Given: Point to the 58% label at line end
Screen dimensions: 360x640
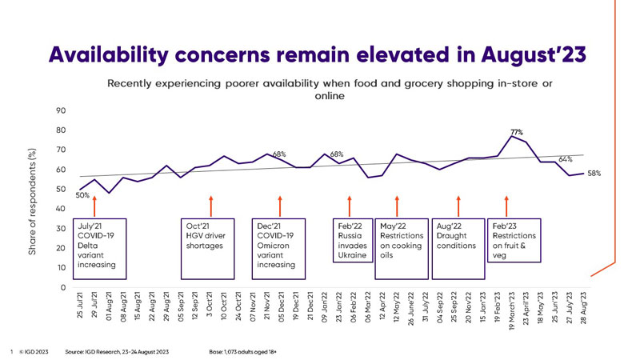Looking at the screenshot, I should pyautogui.click(x=594, y=174).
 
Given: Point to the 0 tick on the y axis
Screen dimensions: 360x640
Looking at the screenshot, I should pyautogui.click(x=62, y=287).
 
